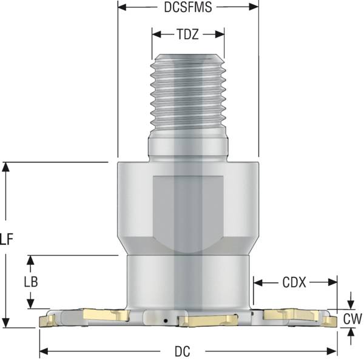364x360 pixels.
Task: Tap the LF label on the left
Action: tap(7, 240)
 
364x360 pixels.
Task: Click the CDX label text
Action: tap(294, 282)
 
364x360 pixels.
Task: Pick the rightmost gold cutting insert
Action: tap(328, 319)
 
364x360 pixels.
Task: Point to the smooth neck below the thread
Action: tap(187, 147)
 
